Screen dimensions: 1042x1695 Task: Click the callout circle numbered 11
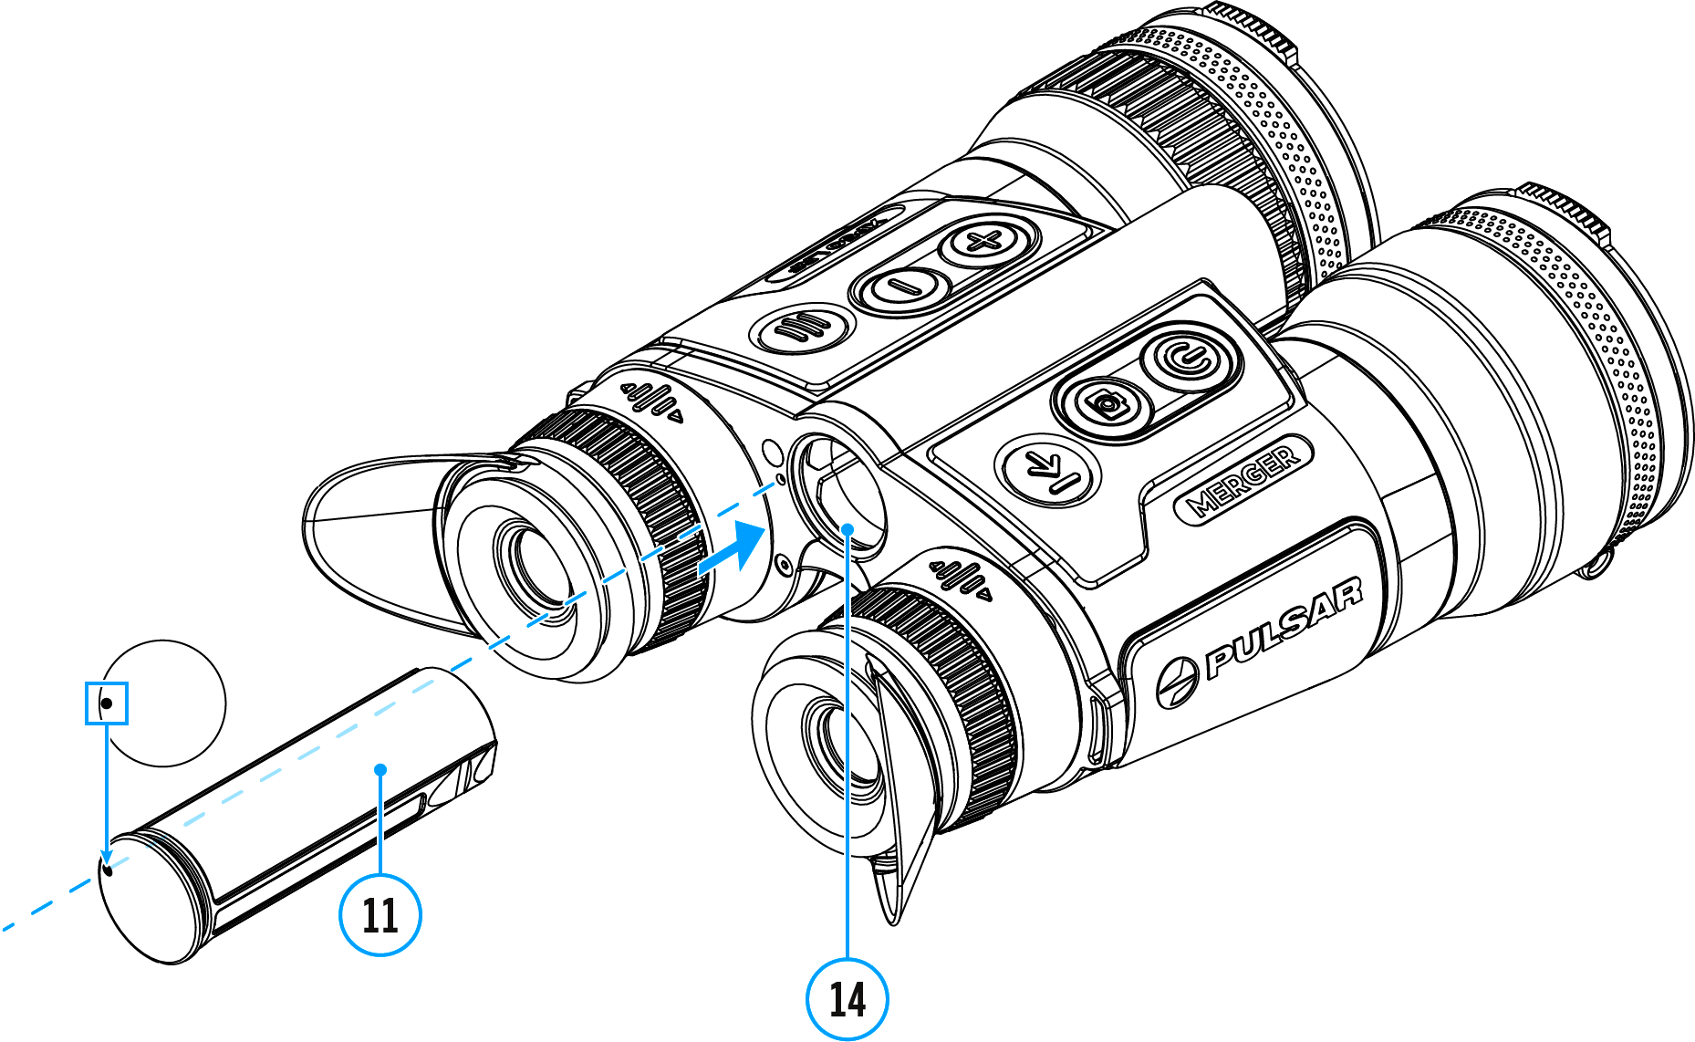pyautogui.click(x=380, y=914)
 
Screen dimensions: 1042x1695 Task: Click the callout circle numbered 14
pyautogui.click(x=847, y=999)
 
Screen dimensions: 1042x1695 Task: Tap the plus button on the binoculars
pyautogui.click(x=983, y=242)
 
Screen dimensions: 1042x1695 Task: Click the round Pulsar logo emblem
pyautogui.click(x=1176, y=683)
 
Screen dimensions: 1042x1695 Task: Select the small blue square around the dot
pyautogui.click(x=107, y=703)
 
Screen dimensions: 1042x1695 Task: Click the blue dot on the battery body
pyautogui.click(x=380, y=770)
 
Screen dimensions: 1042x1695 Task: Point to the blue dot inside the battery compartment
pyautogui.click(x=847, y=528)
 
